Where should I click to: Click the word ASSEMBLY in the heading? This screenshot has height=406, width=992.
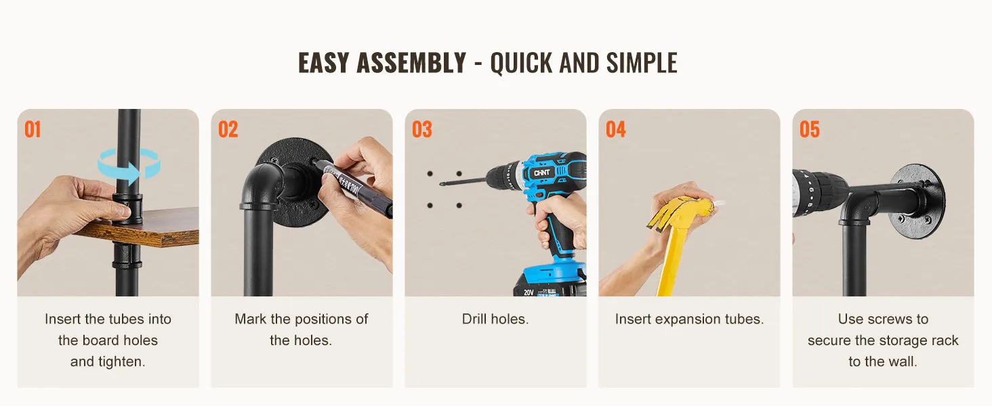coord(411,62)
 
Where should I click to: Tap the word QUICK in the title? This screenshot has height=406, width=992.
coord(521,63)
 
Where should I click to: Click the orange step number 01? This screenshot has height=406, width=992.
coord(33,130)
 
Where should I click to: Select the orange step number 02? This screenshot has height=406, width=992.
coord(228,130)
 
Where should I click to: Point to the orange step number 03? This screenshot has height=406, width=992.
coord(422,130)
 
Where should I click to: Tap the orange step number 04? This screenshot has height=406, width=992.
coord(616,130)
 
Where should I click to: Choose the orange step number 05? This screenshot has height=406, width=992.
coord(810,130)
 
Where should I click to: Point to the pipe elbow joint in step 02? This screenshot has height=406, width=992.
coord(262,187)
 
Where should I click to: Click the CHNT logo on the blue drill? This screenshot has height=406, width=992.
coord(541,173)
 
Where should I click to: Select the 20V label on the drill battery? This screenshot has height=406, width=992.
coord(529,292)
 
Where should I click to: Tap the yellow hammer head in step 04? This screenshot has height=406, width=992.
coord(682,212)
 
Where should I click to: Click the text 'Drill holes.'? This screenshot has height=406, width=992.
coord(495,319)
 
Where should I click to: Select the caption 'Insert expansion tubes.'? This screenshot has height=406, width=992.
coord(689,319)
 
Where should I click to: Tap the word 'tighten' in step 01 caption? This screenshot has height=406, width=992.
coord(120,362)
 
